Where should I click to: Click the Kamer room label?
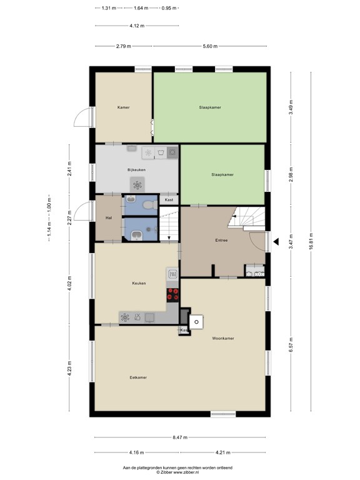tap(123, 107)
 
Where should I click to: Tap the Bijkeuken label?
tap(136, 169)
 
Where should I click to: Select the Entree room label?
tap(221, 240)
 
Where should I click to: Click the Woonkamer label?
tap(223, 338)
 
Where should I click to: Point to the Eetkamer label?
tap(138, 377)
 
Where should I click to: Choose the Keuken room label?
tap(139, 283)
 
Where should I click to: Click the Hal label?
tap(109, 217)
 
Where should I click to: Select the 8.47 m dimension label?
tap(182, 437)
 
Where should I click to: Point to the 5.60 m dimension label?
tap(211, 47)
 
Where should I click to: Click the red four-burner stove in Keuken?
tap(173, 294)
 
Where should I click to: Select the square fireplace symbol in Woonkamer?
tap(196, 322)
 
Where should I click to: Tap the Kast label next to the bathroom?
tap(169, 200)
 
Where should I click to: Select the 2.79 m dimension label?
tap(123, 47)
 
